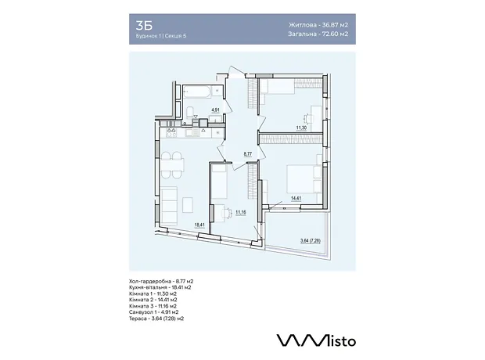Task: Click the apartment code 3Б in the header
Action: coord(144,26)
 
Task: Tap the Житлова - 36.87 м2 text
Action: coord(318,25)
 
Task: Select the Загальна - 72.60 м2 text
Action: coord(318,34)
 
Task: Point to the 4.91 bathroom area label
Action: coord(215,110)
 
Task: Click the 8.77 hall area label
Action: coord(248,153)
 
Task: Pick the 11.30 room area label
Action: coord(301,127)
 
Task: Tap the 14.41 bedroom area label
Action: coord(296,199)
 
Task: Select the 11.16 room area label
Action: coord(241,212)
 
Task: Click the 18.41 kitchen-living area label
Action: coord(199,225)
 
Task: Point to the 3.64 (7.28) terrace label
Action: coord(311,240)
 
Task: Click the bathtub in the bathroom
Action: coord(197,92)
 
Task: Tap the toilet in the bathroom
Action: coord(190,111)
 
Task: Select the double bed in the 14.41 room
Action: coord(304,179)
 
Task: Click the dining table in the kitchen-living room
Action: coord(172,165)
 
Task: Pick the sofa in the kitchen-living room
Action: coord(169,206)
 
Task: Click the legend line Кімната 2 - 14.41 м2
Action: coord(153,300)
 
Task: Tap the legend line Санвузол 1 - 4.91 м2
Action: coord(154,312)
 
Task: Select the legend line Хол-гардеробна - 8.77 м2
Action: coord(161,282)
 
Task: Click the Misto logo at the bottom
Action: coord(316,340)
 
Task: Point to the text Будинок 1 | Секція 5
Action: coord(161,35)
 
